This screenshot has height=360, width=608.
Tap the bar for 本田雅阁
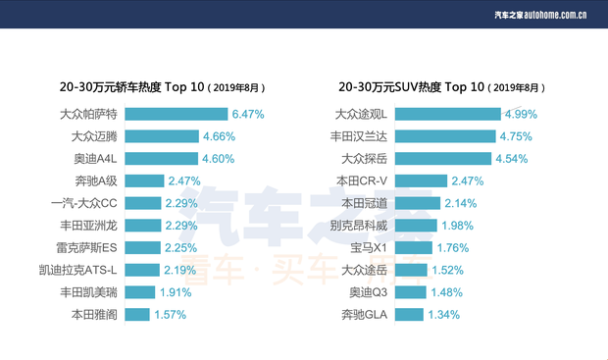coord(136,315)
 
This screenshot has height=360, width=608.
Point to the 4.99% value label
coord(522,114)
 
